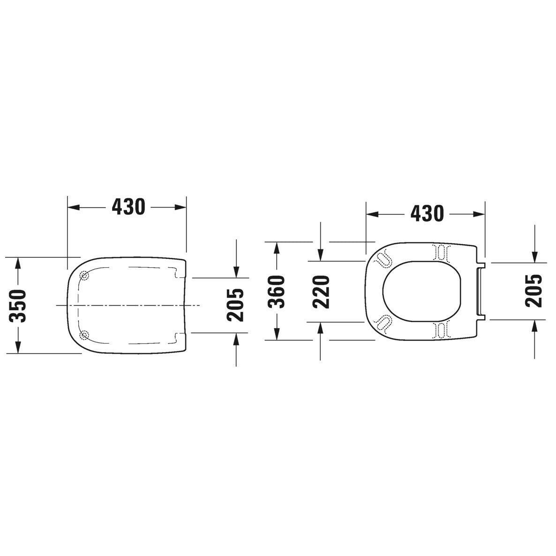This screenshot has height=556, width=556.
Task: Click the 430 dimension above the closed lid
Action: coord(128,207)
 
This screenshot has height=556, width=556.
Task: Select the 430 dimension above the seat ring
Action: coord(426,214)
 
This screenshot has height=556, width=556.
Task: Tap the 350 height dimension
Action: coord(18,305)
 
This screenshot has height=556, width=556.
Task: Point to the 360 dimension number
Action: coord(277,291)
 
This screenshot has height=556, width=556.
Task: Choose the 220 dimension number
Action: coord(322,291)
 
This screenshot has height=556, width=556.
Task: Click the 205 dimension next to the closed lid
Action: coord(235,305)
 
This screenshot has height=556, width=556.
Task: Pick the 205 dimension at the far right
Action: coord(533,291)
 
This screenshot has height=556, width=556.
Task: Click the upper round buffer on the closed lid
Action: coord(84,275)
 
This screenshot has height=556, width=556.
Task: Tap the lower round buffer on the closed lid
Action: coord(84,334)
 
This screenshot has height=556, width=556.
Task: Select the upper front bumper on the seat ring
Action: coord(383,258)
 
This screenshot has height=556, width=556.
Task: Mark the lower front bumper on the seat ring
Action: coord(383,323)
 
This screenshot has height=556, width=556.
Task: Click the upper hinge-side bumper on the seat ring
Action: coord(442,252)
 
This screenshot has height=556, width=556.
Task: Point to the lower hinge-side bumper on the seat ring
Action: coord(442,330)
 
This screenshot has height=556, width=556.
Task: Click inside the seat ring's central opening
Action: coord(422,291)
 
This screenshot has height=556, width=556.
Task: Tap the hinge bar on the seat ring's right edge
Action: coord(478,291)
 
